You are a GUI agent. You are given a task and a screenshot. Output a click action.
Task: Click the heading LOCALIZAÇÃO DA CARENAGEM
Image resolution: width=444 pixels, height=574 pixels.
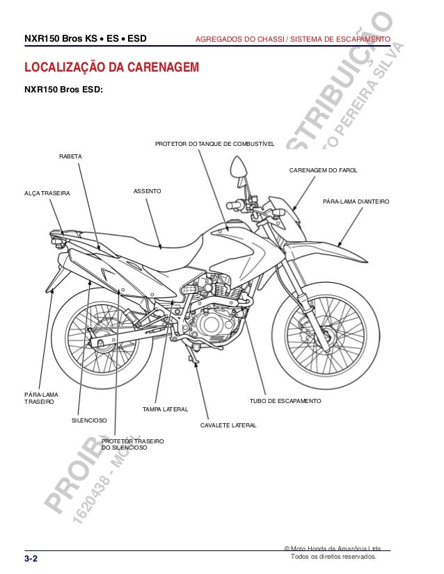click(111, 68)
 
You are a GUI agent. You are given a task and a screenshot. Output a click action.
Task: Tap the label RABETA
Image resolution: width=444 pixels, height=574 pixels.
click(70, 156)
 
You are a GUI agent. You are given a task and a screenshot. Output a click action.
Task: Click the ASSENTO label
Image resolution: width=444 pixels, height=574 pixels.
click(148, 190)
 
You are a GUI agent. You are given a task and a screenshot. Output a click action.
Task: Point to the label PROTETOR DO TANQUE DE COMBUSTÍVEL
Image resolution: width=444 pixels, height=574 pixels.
click(214, 144)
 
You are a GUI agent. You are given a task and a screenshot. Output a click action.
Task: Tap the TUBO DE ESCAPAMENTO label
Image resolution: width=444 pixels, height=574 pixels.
click(285, 402)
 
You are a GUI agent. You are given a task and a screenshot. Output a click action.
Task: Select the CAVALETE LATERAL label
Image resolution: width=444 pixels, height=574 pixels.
click(228, 424)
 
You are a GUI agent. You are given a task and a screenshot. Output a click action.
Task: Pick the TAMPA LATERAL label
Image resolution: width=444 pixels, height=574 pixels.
click(161, 410)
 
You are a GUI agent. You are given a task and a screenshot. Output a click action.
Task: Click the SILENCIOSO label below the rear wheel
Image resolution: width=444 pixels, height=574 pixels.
click(89, 421)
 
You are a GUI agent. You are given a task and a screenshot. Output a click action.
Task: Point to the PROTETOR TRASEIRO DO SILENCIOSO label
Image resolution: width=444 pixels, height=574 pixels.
click(132, 445)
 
